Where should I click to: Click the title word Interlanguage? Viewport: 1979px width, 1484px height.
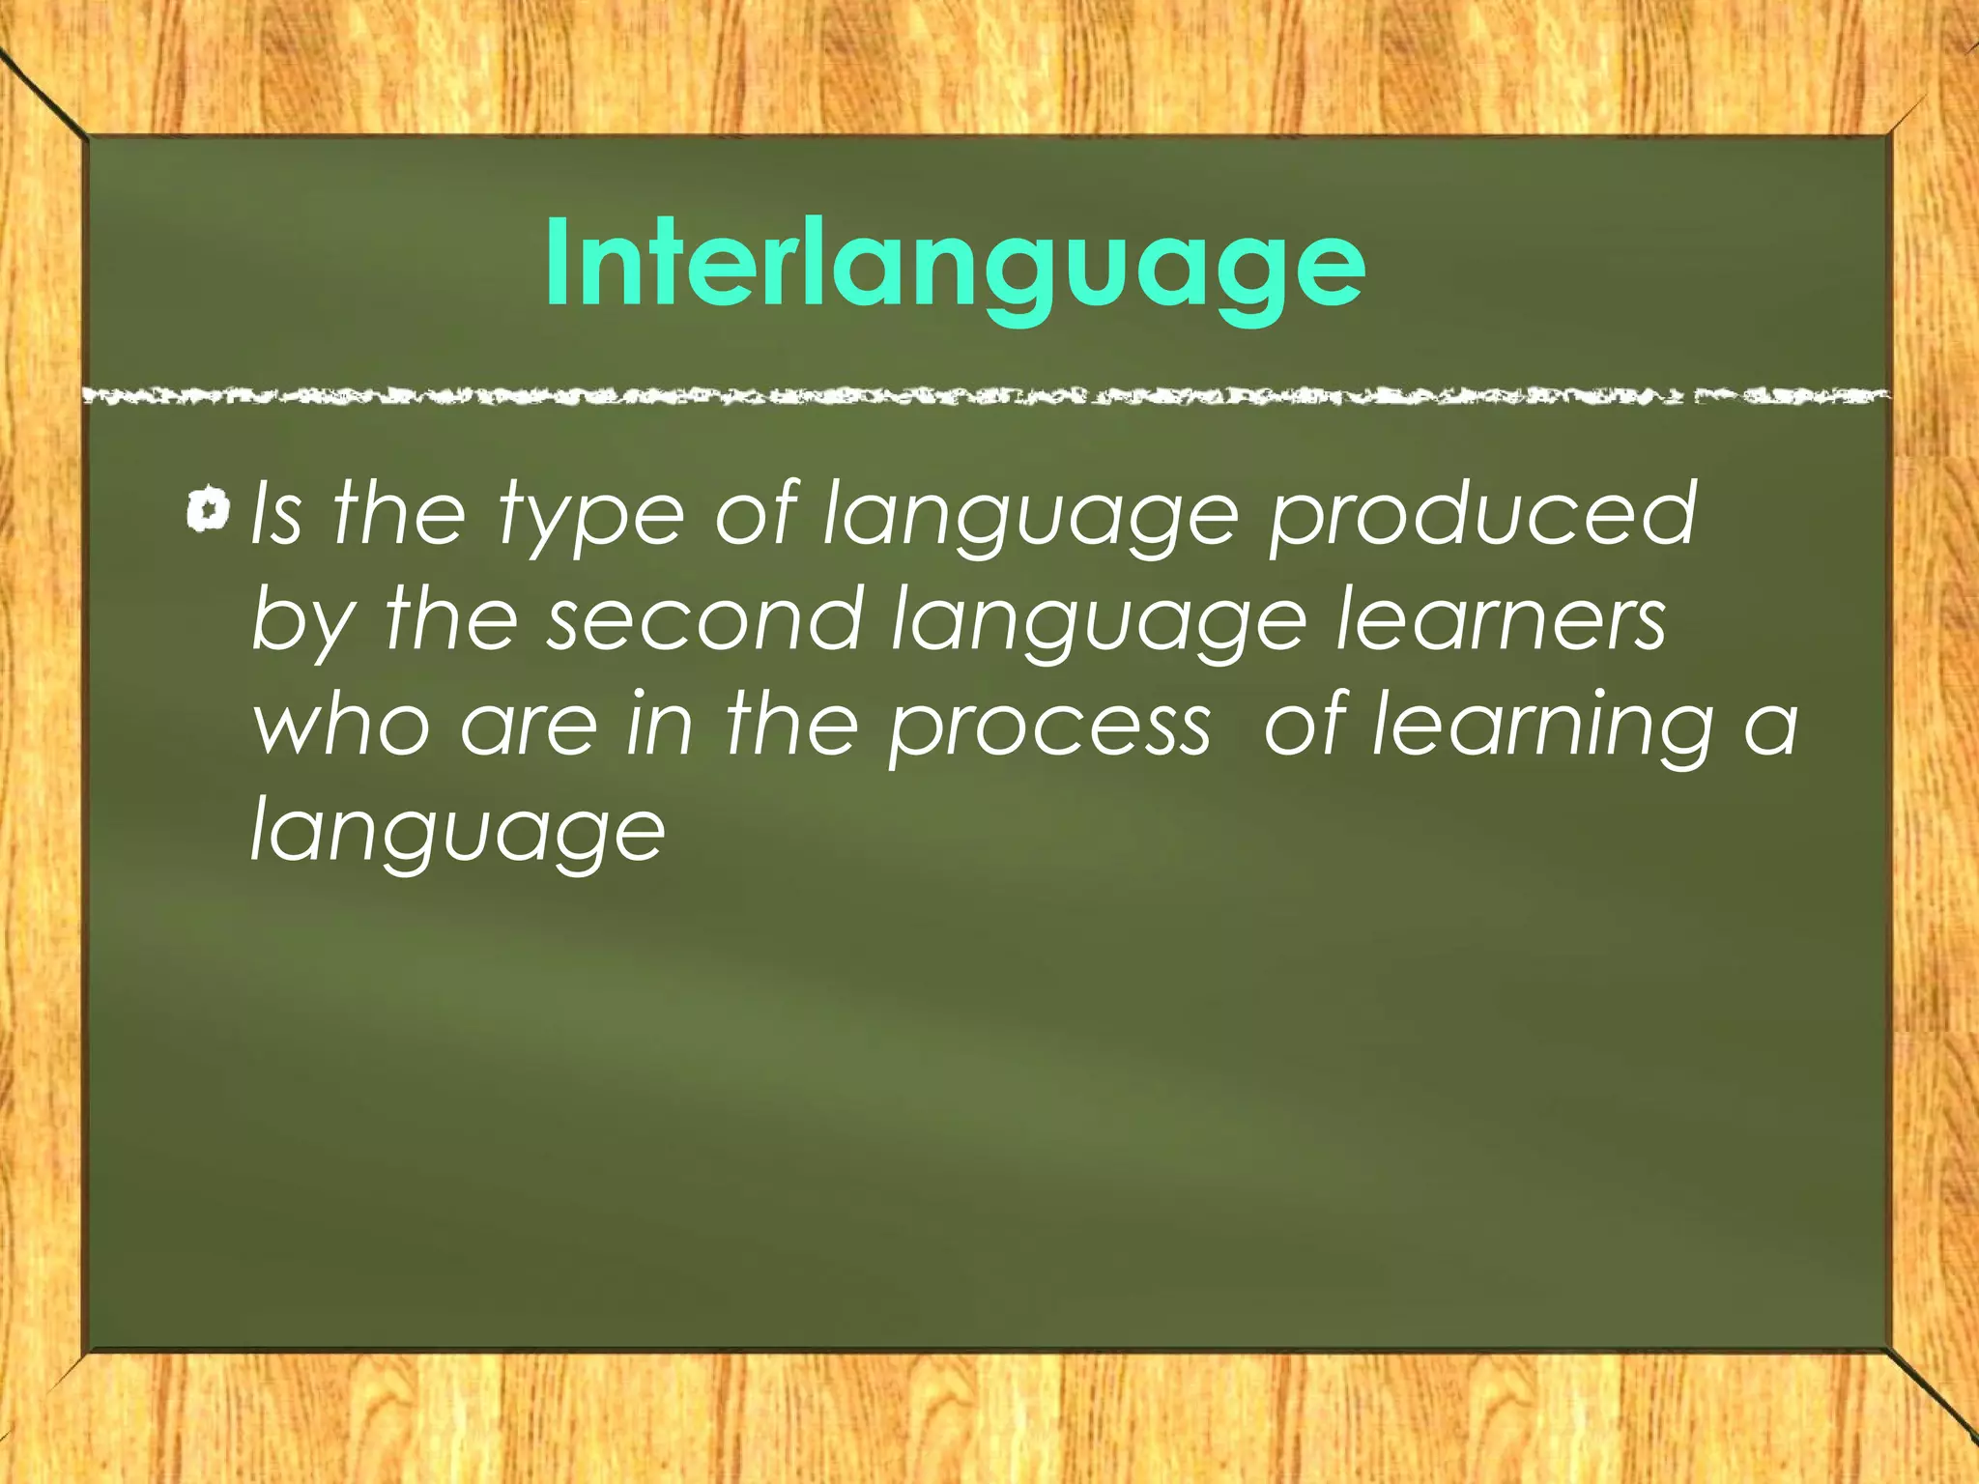[955, 263]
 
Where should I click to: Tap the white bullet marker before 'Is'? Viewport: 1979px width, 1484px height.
[208, 510]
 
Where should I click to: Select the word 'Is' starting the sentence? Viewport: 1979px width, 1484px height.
[276, 514]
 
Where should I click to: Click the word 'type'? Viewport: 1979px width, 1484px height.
[591, 519]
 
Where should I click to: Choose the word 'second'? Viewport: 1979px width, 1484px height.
[704, 618]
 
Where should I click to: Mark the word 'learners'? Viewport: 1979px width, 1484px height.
[1501, 618]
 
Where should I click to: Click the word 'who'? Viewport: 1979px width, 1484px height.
[341, 725]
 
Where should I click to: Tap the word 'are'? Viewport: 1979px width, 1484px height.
[530, 727]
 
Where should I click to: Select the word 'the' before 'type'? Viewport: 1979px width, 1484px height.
[399, 514]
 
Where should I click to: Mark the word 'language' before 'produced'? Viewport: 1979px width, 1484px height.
[1030, 519]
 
